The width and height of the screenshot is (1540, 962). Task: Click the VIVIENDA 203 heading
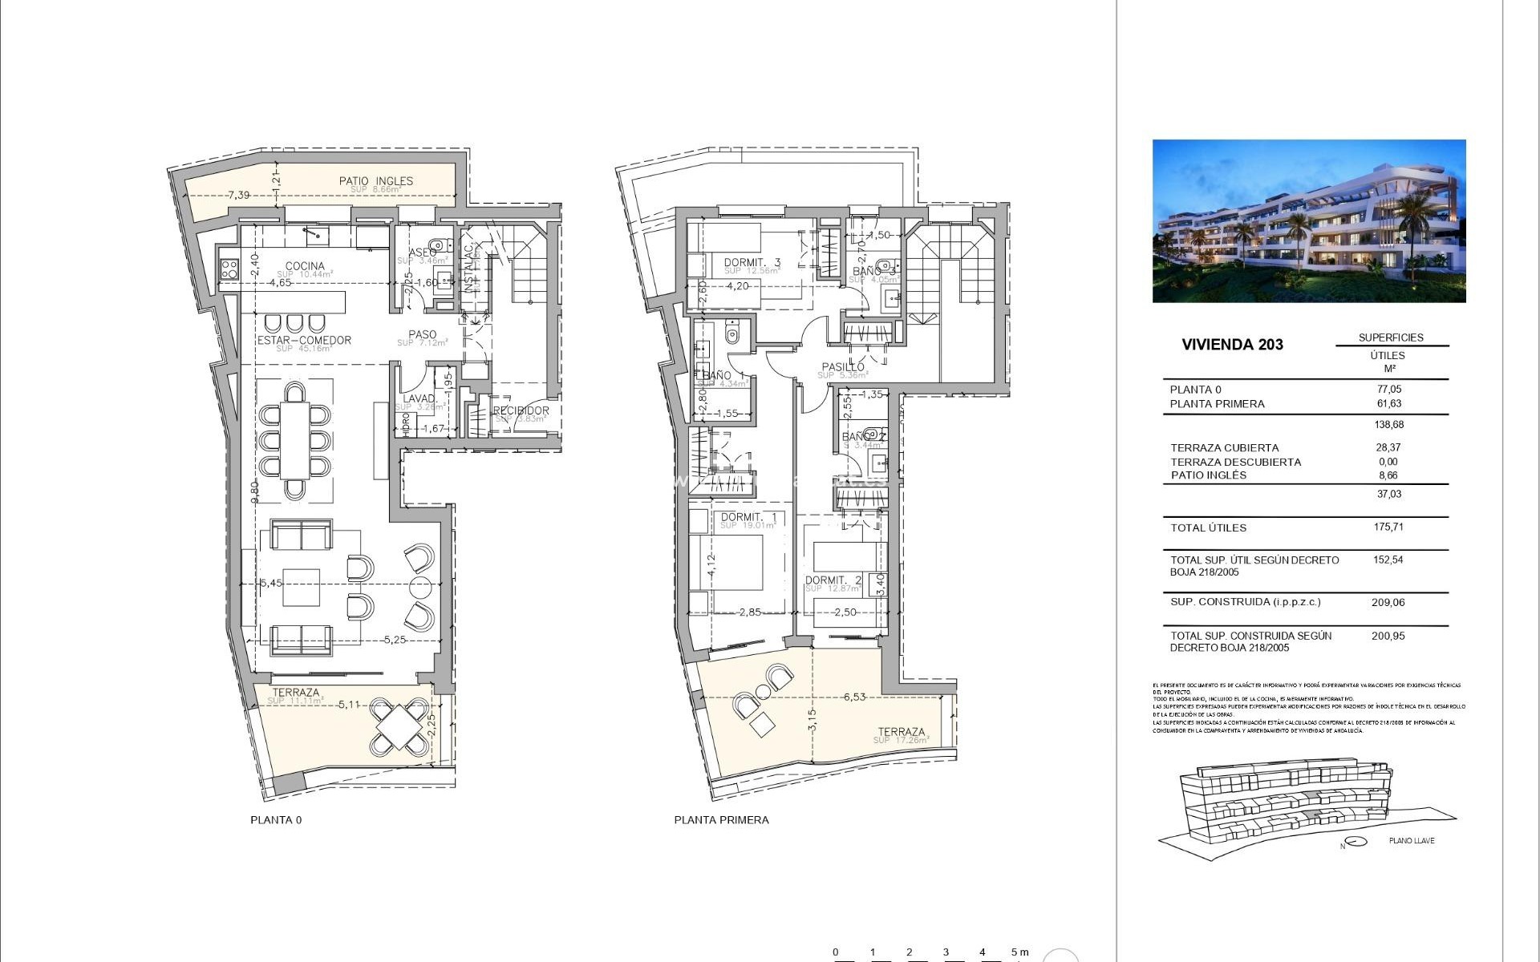(1232, 345)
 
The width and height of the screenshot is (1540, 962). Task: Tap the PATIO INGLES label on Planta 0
(375, 181)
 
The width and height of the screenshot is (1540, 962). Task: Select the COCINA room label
(305, 266)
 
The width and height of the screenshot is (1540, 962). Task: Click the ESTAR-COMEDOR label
(304, 340)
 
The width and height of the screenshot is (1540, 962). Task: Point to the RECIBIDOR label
(521, 410)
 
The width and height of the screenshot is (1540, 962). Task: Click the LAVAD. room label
(419, 398)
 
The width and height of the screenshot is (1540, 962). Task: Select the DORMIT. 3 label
(752, 262)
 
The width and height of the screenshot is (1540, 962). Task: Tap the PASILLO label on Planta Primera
(841, 367)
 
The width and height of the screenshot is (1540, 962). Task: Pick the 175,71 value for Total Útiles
(1388, 527)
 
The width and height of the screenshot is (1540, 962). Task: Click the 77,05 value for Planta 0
(1388, 390)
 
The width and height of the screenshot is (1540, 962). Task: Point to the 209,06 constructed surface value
(1388, 602)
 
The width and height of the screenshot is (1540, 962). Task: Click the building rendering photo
(1308, 221)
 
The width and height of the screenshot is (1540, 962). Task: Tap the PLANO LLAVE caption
(1411, 841)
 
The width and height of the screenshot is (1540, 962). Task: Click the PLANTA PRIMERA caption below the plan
(721, 820)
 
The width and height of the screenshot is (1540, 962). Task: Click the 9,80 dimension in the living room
(254, 491)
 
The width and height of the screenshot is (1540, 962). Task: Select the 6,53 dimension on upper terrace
(854, 697)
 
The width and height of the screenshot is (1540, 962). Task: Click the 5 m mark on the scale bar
(1019, 952)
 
